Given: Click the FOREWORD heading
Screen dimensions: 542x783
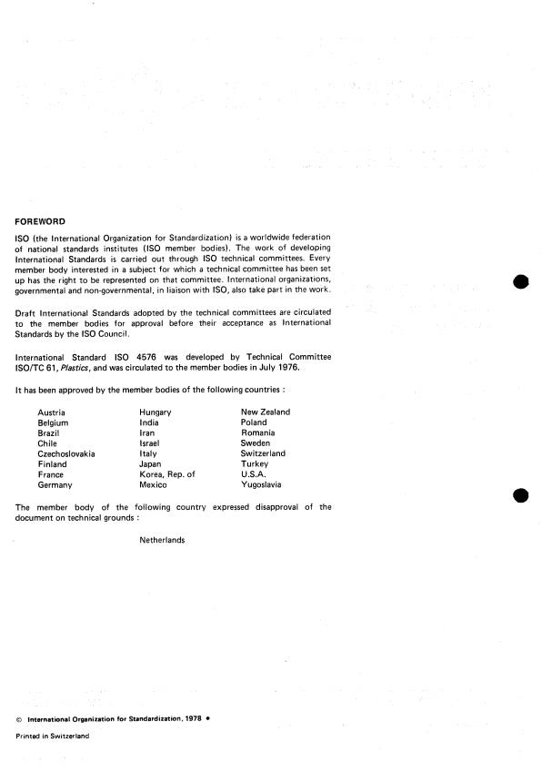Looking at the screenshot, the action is pyautogui.click(x=40, y=220).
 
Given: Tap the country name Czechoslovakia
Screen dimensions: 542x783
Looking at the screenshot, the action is pyautogui.click(x=66, y=453).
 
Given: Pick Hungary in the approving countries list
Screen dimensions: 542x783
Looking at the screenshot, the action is pyautogui.click(x=156, y=412).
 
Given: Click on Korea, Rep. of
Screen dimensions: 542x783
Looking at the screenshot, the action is pyautogui.click(x=167, y=474).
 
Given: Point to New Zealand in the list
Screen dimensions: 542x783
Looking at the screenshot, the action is pyautogui.click(x=266, y=412).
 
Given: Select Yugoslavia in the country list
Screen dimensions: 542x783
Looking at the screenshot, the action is pyautogui.click(x=262, y=485).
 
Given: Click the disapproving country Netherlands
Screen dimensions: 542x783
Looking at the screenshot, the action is pyautogui.click(x=162, y=540).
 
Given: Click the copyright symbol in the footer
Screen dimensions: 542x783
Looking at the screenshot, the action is pyautogui.click(x=19, y=719).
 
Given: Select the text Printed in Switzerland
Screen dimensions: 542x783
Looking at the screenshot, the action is pyautogui.click(x=53, y=737).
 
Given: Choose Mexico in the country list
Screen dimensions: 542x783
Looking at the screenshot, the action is pyautogui.click(x=154, y=485).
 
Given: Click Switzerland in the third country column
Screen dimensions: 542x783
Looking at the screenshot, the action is pyautogui.click(x=263, y=453).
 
